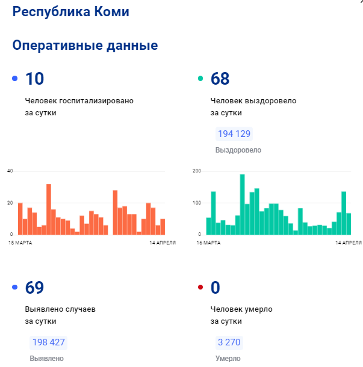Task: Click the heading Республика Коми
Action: [70, 11]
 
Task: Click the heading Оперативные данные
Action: [85, 46]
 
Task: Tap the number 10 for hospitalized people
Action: [34, 79]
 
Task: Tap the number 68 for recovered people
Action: [220, 79]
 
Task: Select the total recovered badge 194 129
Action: [234, 134]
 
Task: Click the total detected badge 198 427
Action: [48, 343]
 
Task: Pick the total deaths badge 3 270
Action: [229, 343]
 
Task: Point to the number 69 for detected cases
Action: [34, 288]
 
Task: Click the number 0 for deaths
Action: [216, 288]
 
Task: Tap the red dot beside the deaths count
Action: [200, 288]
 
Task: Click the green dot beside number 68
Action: [200, 79]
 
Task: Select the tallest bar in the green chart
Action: [242, 204]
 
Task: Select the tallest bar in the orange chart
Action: [49, 209]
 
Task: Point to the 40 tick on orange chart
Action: [10, 171]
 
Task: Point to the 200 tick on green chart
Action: [196, 171]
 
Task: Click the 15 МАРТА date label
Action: [20, 243]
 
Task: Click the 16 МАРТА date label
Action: [208, 243]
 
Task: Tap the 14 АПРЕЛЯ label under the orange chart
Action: [162, 243]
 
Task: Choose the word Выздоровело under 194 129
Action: [238, 150]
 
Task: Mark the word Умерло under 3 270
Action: [228, 359]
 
